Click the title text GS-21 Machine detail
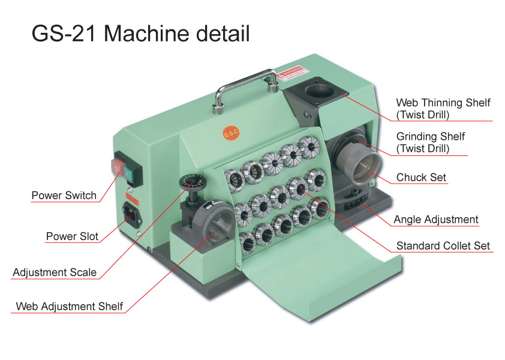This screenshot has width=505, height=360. click(140, 34)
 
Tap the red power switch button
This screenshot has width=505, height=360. click(118, 167)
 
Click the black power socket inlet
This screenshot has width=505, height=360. click(131, 214)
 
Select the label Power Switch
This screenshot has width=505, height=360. click(64, 196)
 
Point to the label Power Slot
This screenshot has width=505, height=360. click(72, 236)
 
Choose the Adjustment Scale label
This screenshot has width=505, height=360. click(55, 272)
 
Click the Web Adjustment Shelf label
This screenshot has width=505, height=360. click(69, 306)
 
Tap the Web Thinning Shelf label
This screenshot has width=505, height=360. click(443, 109)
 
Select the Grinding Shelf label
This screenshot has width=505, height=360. click(430, 142)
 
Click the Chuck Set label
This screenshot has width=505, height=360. click(421, 177)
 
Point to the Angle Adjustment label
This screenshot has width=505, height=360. click(436, 220)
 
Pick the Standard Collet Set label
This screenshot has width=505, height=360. click(443, 246)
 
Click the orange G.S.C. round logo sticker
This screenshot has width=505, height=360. click(232, 133)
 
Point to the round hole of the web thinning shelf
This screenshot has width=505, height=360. click(319, 90)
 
